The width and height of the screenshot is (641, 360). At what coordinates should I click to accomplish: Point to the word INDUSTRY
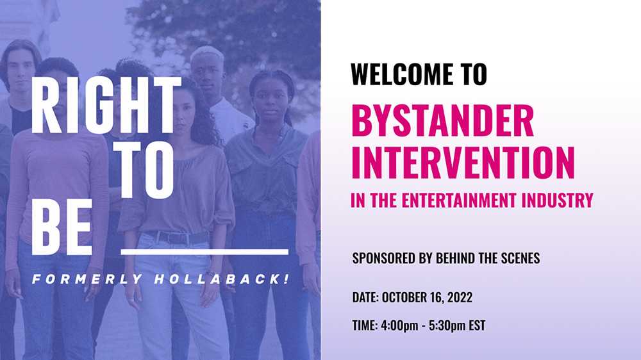point(559,200)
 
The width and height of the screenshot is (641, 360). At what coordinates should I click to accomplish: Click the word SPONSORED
point(383,258)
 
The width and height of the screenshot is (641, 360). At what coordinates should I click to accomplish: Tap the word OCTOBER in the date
point(410,297)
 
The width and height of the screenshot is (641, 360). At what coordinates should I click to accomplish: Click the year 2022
point(460,297)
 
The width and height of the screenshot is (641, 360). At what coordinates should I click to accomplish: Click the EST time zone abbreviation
point(476,325)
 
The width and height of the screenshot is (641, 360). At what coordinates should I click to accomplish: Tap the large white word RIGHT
point(106,106)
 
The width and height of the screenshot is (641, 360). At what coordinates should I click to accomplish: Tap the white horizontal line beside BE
point(204,252)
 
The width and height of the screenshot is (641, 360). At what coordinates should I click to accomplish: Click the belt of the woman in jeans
point(176,237)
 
